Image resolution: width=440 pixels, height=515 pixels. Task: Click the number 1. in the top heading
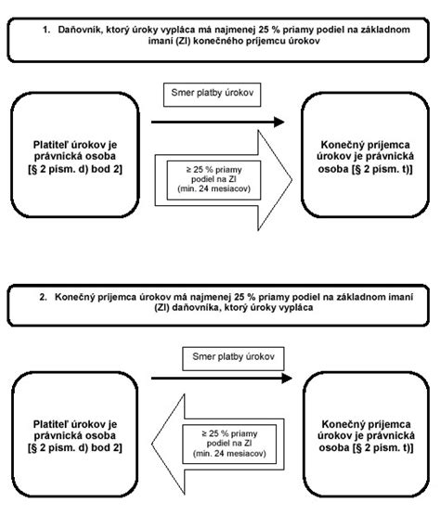click(46, 30)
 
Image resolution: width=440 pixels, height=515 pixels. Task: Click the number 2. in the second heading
click(43, 297)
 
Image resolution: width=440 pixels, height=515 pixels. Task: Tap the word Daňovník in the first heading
click(79, 30)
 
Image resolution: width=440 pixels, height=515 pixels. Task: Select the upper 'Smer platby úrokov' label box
click(213, 95)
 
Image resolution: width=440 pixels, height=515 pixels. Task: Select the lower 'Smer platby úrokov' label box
click(233, 359)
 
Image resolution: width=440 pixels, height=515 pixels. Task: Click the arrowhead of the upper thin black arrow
click(279, 122)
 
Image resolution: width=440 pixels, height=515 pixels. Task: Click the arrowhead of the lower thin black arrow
click(287, 379)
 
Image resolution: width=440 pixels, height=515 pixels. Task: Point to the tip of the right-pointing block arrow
click(291, 180)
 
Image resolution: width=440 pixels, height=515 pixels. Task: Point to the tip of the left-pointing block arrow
click(152, 444)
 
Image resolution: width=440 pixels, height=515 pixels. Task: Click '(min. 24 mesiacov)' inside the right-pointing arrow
click(214, 189)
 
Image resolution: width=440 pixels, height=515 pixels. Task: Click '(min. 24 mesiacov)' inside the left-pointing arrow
click(229, 453)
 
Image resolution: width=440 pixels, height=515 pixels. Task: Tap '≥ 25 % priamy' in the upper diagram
click(214, 170)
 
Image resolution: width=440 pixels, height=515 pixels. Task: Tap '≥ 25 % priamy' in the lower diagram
click(229, 434)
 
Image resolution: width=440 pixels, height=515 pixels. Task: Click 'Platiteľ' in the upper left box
click(51, 145)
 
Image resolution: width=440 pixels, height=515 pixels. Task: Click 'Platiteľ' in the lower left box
click(51, 424)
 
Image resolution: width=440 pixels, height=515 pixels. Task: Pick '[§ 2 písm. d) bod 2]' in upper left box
click(75, 169)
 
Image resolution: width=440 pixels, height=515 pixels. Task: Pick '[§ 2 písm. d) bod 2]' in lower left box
click(75, 448)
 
